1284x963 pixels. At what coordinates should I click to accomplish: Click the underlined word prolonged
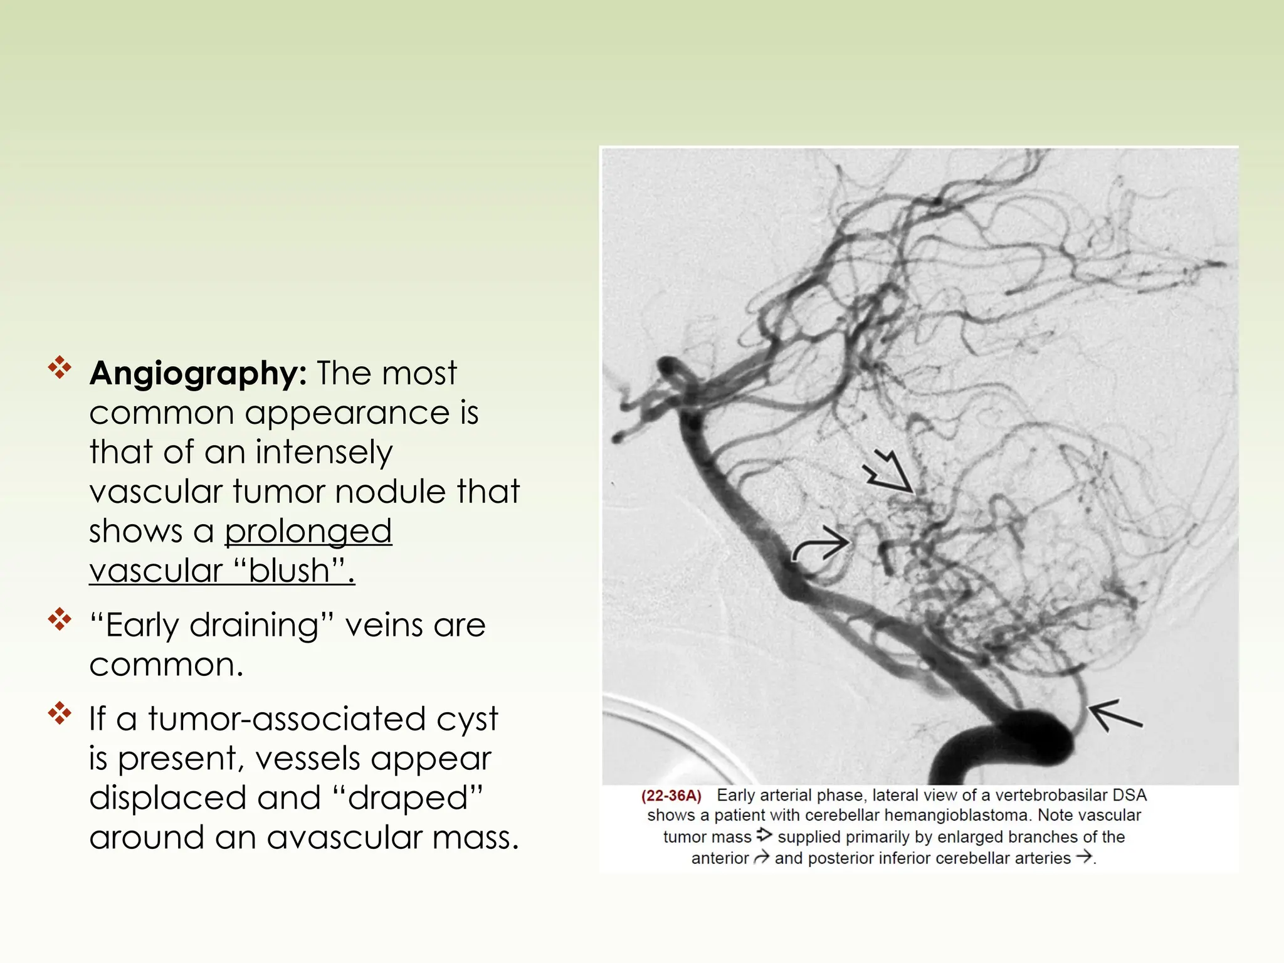(308, 532)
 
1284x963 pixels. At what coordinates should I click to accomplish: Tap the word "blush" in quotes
(289, 571)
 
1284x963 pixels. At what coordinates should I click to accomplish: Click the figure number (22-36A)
(670, 796)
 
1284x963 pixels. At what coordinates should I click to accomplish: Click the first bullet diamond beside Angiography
(60, 367)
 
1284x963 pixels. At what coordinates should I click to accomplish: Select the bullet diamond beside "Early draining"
(60, 619)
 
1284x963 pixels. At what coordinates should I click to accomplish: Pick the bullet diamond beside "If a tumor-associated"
(60, 713)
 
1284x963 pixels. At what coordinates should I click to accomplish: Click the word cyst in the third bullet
(467, 719)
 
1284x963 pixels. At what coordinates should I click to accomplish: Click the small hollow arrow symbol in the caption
(764, 835)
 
